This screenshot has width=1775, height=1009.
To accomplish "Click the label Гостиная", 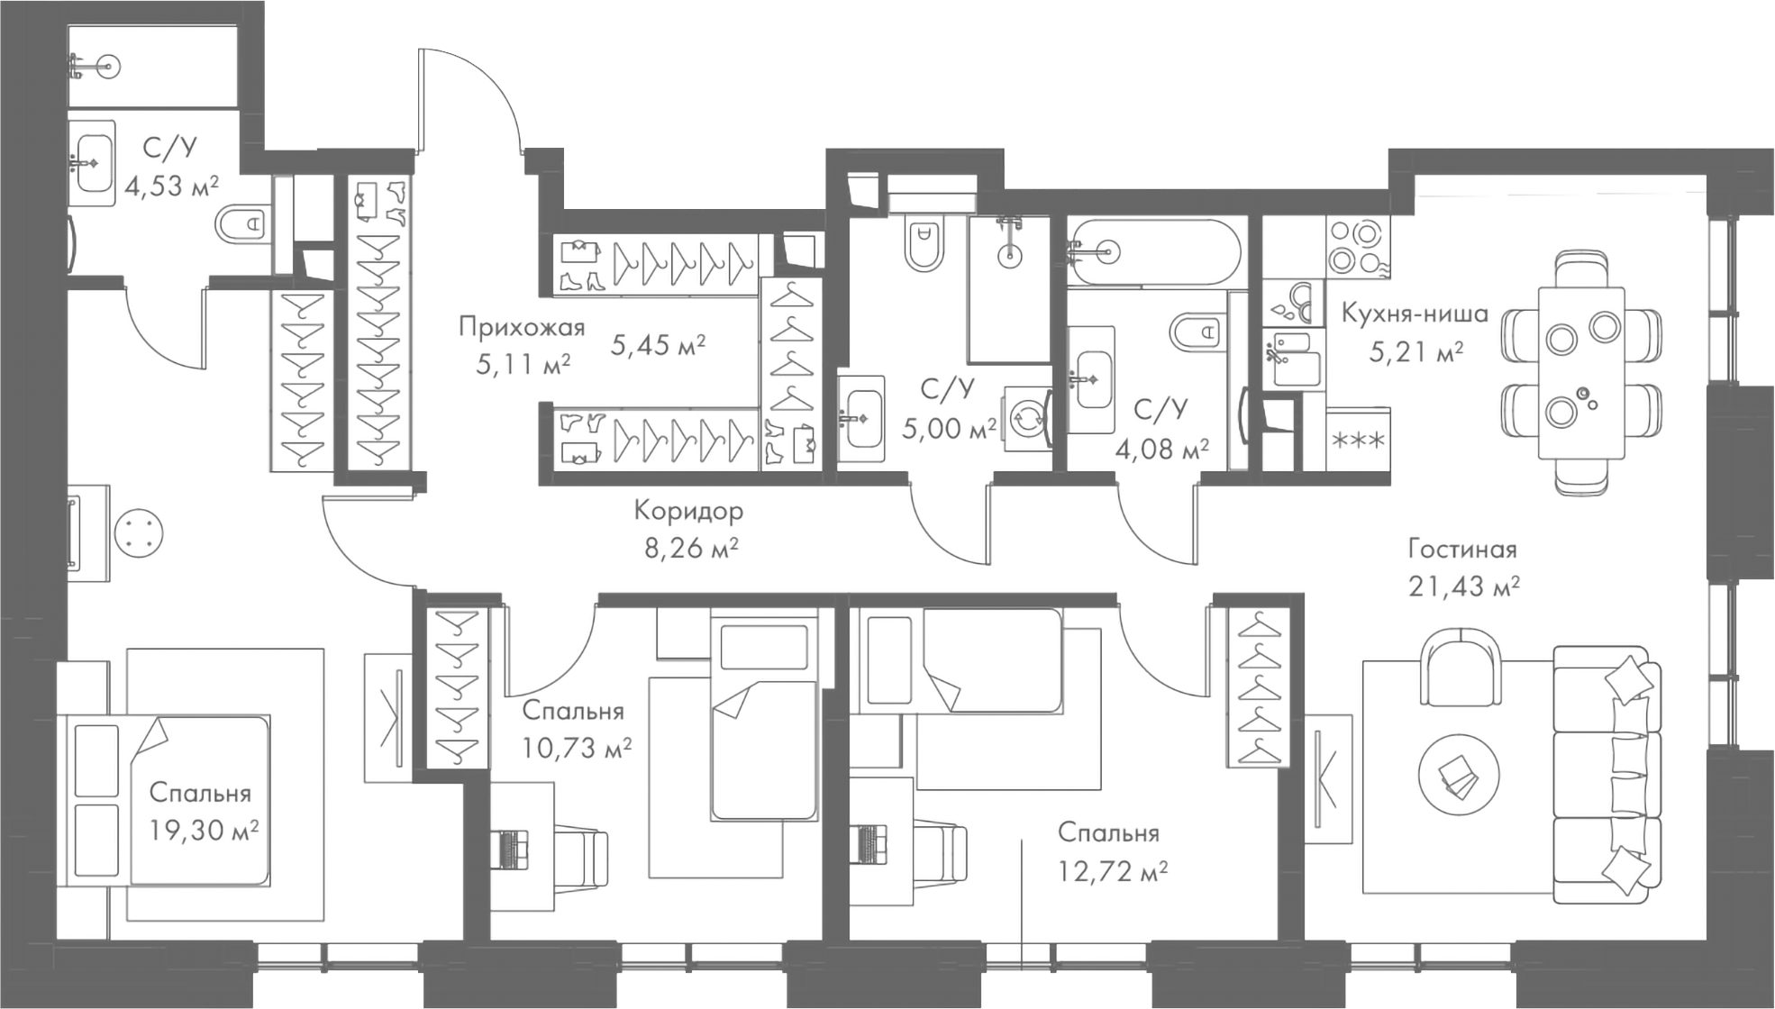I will pos(1461,549).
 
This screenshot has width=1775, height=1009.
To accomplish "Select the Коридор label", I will pos(688,511).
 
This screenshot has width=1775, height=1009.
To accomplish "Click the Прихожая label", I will pos(521,326).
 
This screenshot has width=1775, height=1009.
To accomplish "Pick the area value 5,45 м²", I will pos(658,344).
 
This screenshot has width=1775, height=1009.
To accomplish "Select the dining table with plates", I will pos(1580,371).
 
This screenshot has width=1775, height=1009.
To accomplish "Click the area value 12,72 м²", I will pos(1113,871).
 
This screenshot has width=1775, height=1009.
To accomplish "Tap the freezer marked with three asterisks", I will pos(1358,441).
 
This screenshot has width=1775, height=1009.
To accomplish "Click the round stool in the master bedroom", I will pos(139,535).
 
